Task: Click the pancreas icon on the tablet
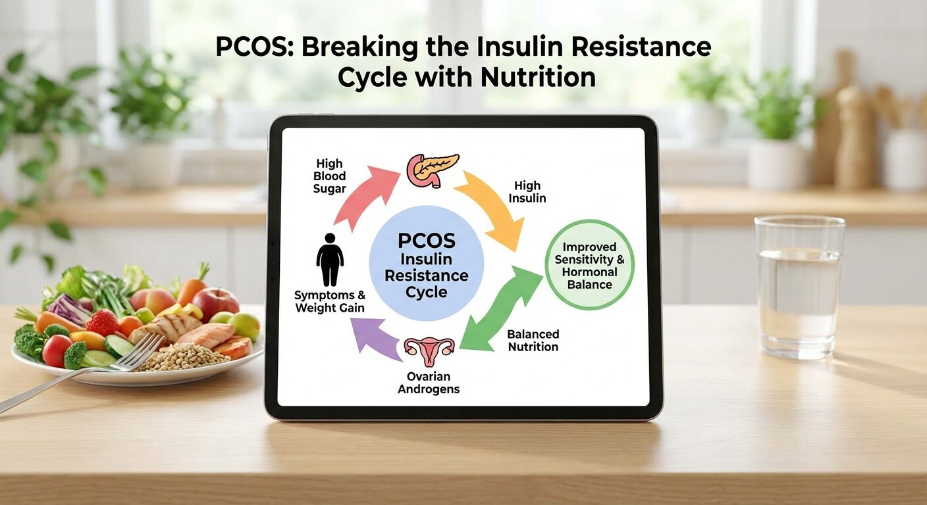[x=432, y=169]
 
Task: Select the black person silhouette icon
[x=330, y=258]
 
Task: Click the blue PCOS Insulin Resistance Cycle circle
[x=427, y=263]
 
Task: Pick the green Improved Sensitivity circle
[x=589, y=265]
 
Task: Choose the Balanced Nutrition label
[x=533, y=341]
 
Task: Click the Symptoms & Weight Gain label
[x=329, y=301]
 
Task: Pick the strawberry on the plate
[x=102, y=322]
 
